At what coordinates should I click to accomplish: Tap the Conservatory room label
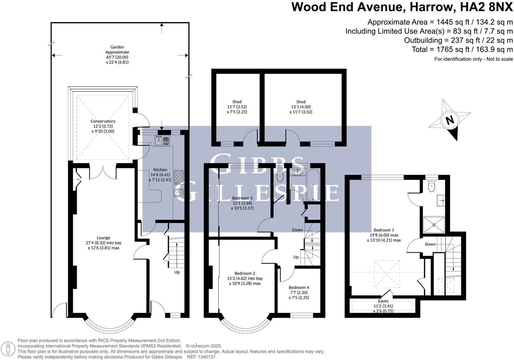pyautogui.click(x=103, y=121)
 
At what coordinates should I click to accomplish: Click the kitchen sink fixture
pyautogui.click(x=162, y=141)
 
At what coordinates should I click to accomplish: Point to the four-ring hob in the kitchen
pyautogui.click(x=179, y=177)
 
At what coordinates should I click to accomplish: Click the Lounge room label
pyautogui.click(x=103, y=238)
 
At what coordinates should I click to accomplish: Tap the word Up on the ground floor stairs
pyautogui.click(x=177, y=272)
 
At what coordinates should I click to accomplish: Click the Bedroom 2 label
pyautogui.click(x=245, y=273)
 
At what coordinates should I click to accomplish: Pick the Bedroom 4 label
pyautogui.click(x=299, y=288)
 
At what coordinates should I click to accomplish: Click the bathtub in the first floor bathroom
pyautogui.click(x=313, y=185)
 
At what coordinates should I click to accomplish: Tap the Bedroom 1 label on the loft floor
pyautogui.click(x=384, y=230)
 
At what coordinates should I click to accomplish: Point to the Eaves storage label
pyautogui.click(x=383, y=301)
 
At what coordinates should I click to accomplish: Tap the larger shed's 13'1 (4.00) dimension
pyautogui.click(x=301, y=107)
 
